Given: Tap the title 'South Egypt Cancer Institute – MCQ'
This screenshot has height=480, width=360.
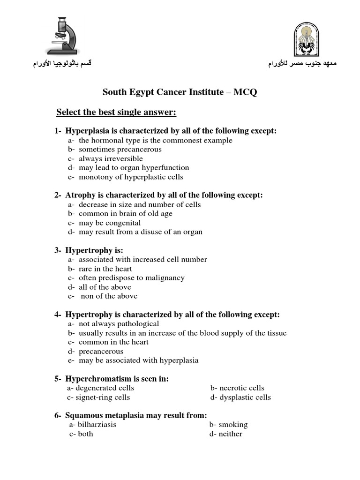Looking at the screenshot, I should (180, 92).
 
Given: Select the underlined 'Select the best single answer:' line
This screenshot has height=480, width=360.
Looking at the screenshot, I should (116, 112).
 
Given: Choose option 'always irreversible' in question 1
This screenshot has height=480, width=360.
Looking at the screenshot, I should (111, 158).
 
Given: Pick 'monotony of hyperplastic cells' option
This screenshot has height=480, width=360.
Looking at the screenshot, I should (130, 177).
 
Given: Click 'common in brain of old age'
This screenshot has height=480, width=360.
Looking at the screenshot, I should (125, 213).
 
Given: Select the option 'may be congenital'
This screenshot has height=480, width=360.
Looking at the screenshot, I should (110, 223).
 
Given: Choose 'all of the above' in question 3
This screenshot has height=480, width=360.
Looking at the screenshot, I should (105, 287).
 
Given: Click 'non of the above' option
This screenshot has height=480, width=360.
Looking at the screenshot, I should (109, 296).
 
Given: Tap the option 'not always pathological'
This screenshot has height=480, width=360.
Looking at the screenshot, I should (119, 323).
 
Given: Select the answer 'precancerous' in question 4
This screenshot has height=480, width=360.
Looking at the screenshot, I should (101, 351).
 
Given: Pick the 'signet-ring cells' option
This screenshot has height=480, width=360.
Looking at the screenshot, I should (104, 397).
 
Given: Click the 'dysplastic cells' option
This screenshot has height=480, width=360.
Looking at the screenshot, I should (246, 397).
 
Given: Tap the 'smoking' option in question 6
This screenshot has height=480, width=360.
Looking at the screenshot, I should (232, 424).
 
